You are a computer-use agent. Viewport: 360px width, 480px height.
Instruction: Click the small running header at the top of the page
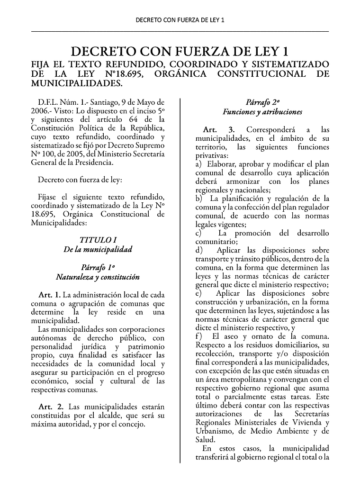180,20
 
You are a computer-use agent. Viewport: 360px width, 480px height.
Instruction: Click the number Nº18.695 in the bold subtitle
121,74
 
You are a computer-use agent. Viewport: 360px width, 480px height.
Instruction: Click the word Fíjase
48,197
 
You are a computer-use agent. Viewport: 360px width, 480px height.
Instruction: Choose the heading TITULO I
98,240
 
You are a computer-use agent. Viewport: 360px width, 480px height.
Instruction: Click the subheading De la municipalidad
98,249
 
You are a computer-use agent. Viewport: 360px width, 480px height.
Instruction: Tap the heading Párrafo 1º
98,267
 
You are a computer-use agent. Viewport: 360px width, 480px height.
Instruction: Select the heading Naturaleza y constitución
98,276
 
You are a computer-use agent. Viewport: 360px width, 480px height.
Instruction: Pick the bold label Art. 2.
51,407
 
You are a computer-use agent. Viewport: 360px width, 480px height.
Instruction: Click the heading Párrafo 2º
262,102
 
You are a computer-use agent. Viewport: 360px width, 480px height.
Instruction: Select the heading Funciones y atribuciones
262,112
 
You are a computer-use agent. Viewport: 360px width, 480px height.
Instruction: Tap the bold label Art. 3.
218,130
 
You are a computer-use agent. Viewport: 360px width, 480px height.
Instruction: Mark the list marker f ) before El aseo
199,336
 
